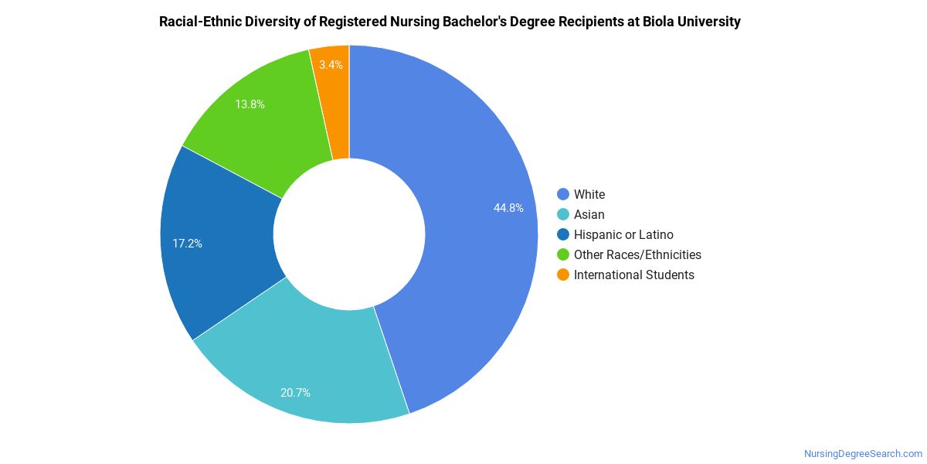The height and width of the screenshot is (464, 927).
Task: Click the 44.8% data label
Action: (508, 208)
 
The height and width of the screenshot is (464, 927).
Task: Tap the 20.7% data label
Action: (295, 393)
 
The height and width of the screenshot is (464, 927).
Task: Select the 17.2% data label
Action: (187, 244)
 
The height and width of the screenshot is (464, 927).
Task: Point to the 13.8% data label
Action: (250, 104)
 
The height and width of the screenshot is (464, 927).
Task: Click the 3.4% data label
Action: (331, 65)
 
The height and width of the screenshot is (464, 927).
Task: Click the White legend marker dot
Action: (562, 195)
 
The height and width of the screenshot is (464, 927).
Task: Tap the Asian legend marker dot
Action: (562, 215)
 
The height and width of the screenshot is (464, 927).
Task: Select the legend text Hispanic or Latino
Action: (623, 235)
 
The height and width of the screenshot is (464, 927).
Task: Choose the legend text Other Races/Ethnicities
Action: (637, 255)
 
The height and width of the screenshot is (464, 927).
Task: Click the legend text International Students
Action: (633, 275)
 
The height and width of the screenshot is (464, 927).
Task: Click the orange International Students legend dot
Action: (562, 275)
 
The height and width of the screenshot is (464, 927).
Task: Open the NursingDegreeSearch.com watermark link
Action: (863, 454)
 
